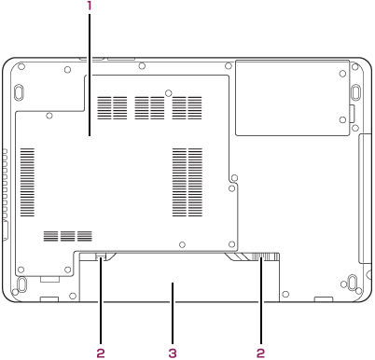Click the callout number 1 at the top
[x=90, y=6]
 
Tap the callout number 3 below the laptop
[x=173, y=353]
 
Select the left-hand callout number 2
[x=101, y=353]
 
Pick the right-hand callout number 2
[x=261, y=353]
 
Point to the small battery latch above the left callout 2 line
[x=100, y=256]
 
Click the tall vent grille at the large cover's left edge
[x=27, y=182]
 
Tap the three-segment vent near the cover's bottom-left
[x=68, y=236]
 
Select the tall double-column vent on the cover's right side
[x=187, y=182]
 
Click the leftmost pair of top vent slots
[x=112, y=108]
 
